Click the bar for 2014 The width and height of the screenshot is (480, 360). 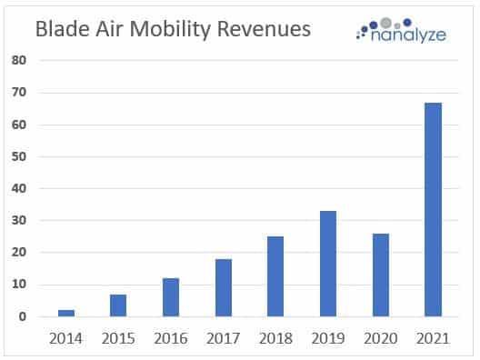(x=65, y=314)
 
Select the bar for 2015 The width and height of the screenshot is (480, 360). (x=118, y=305)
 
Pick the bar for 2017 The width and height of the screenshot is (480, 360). (x=224, y=287)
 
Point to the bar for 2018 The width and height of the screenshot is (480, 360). (x=275, y=276)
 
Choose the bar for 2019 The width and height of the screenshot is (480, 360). (x=328, y=264)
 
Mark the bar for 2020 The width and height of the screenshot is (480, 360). (x=381, y=275)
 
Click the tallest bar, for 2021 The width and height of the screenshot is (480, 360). (x=434, y=209)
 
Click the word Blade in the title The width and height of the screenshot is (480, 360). (x=62, y=29)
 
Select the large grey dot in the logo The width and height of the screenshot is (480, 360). (x=385, y=21)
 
